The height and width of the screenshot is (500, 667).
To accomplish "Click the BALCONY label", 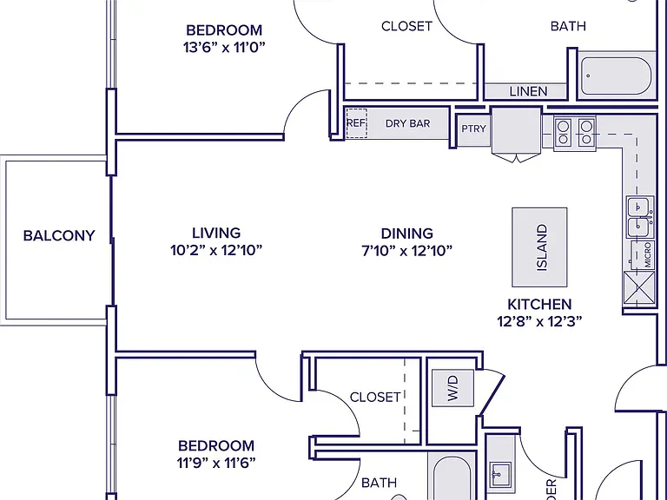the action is pos(59,235).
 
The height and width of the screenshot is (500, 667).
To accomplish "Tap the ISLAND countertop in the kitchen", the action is pos(539,247).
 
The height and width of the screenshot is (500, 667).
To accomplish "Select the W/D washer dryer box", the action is pos(452,388).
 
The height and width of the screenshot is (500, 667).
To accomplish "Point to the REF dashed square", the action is pos(356,123).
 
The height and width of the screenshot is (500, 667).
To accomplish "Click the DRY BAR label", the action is pos(407,123).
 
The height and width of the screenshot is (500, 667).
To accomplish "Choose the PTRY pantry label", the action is pos(473,128).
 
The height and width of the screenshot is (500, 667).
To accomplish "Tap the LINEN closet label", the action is pos(528,91).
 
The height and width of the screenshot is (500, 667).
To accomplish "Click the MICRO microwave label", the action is pos(647,255).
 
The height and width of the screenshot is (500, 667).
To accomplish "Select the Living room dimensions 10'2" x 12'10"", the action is pos(216,250).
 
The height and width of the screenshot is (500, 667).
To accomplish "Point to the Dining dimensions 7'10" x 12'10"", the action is pos(406,250).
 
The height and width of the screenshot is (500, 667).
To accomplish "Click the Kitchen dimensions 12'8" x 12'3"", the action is pos(539,321).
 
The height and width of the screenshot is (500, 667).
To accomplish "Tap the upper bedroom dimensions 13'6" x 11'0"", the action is pos(224,47).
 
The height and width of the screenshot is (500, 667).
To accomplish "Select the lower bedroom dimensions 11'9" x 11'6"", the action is pos(216,462).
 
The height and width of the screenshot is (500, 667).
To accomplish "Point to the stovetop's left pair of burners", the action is pos(563,132).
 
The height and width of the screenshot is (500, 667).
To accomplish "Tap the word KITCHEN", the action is pos(539,305).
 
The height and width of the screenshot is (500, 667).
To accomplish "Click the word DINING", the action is pos(407,234).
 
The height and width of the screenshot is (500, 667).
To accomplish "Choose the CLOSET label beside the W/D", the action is pos(375,397).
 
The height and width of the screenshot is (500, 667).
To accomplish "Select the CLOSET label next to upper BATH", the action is pos(406,26).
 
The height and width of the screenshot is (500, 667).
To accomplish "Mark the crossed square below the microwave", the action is pos(639,288).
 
